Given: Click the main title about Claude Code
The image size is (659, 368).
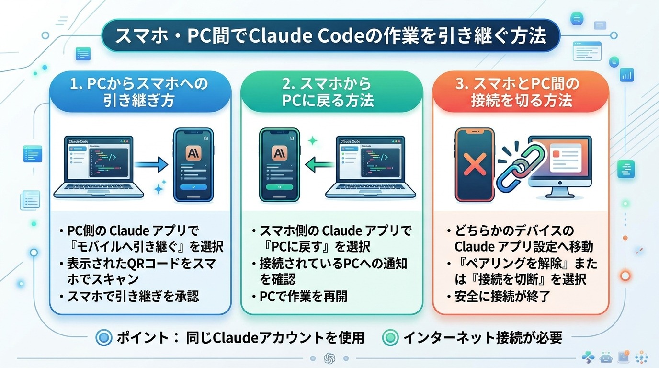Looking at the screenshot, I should pyautogui.click(x=331, y=35).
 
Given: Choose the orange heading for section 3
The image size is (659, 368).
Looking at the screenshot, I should pyautogui.click(x=521, y=92).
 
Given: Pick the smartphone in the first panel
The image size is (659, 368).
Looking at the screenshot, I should pyautogui.click(x=193, y=164).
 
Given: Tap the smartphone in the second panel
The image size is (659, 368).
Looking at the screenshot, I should pyautogui.click(x=279, y=164).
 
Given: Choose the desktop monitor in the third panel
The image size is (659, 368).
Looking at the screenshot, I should pyautogui.click(x=560, y=163).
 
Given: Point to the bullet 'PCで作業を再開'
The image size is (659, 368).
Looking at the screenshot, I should pyautogui.click(x=303, y=297).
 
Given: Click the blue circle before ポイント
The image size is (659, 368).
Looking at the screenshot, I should pyautogui.click(x=104, y=338).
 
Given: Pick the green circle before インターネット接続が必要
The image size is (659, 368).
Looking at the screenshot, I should pyautogui.click(x=390, y=338).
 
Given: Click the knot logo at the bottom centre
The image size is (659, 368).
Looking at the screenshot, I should pyautogui.click(x=329, y=358).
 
